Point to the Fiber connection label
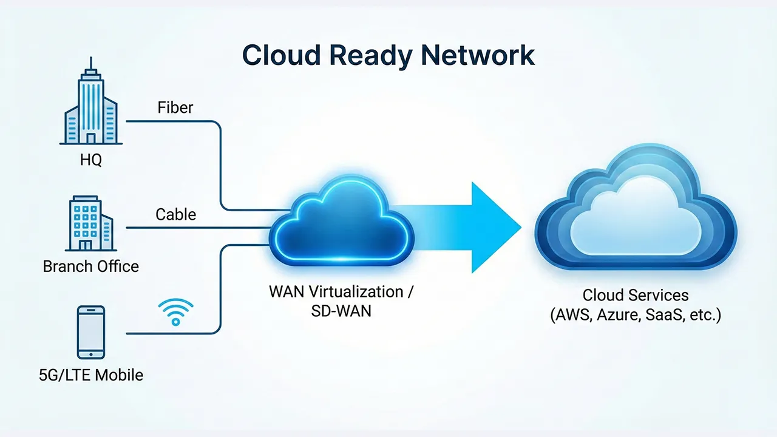[x=175, y=108]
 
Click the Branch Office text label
[x=91, y=266]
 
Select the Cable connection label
[x=175, y=214]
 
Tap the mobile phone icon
[x=91, y=332]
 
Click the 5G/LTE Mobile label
[x=91, y=375]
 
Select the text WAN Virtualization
[x=336, y=292]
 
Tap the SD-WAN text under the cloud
[x=341, y=311]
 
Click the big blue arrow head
[x=495, y=228]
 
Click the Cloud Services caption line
[x=636, y=296]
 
